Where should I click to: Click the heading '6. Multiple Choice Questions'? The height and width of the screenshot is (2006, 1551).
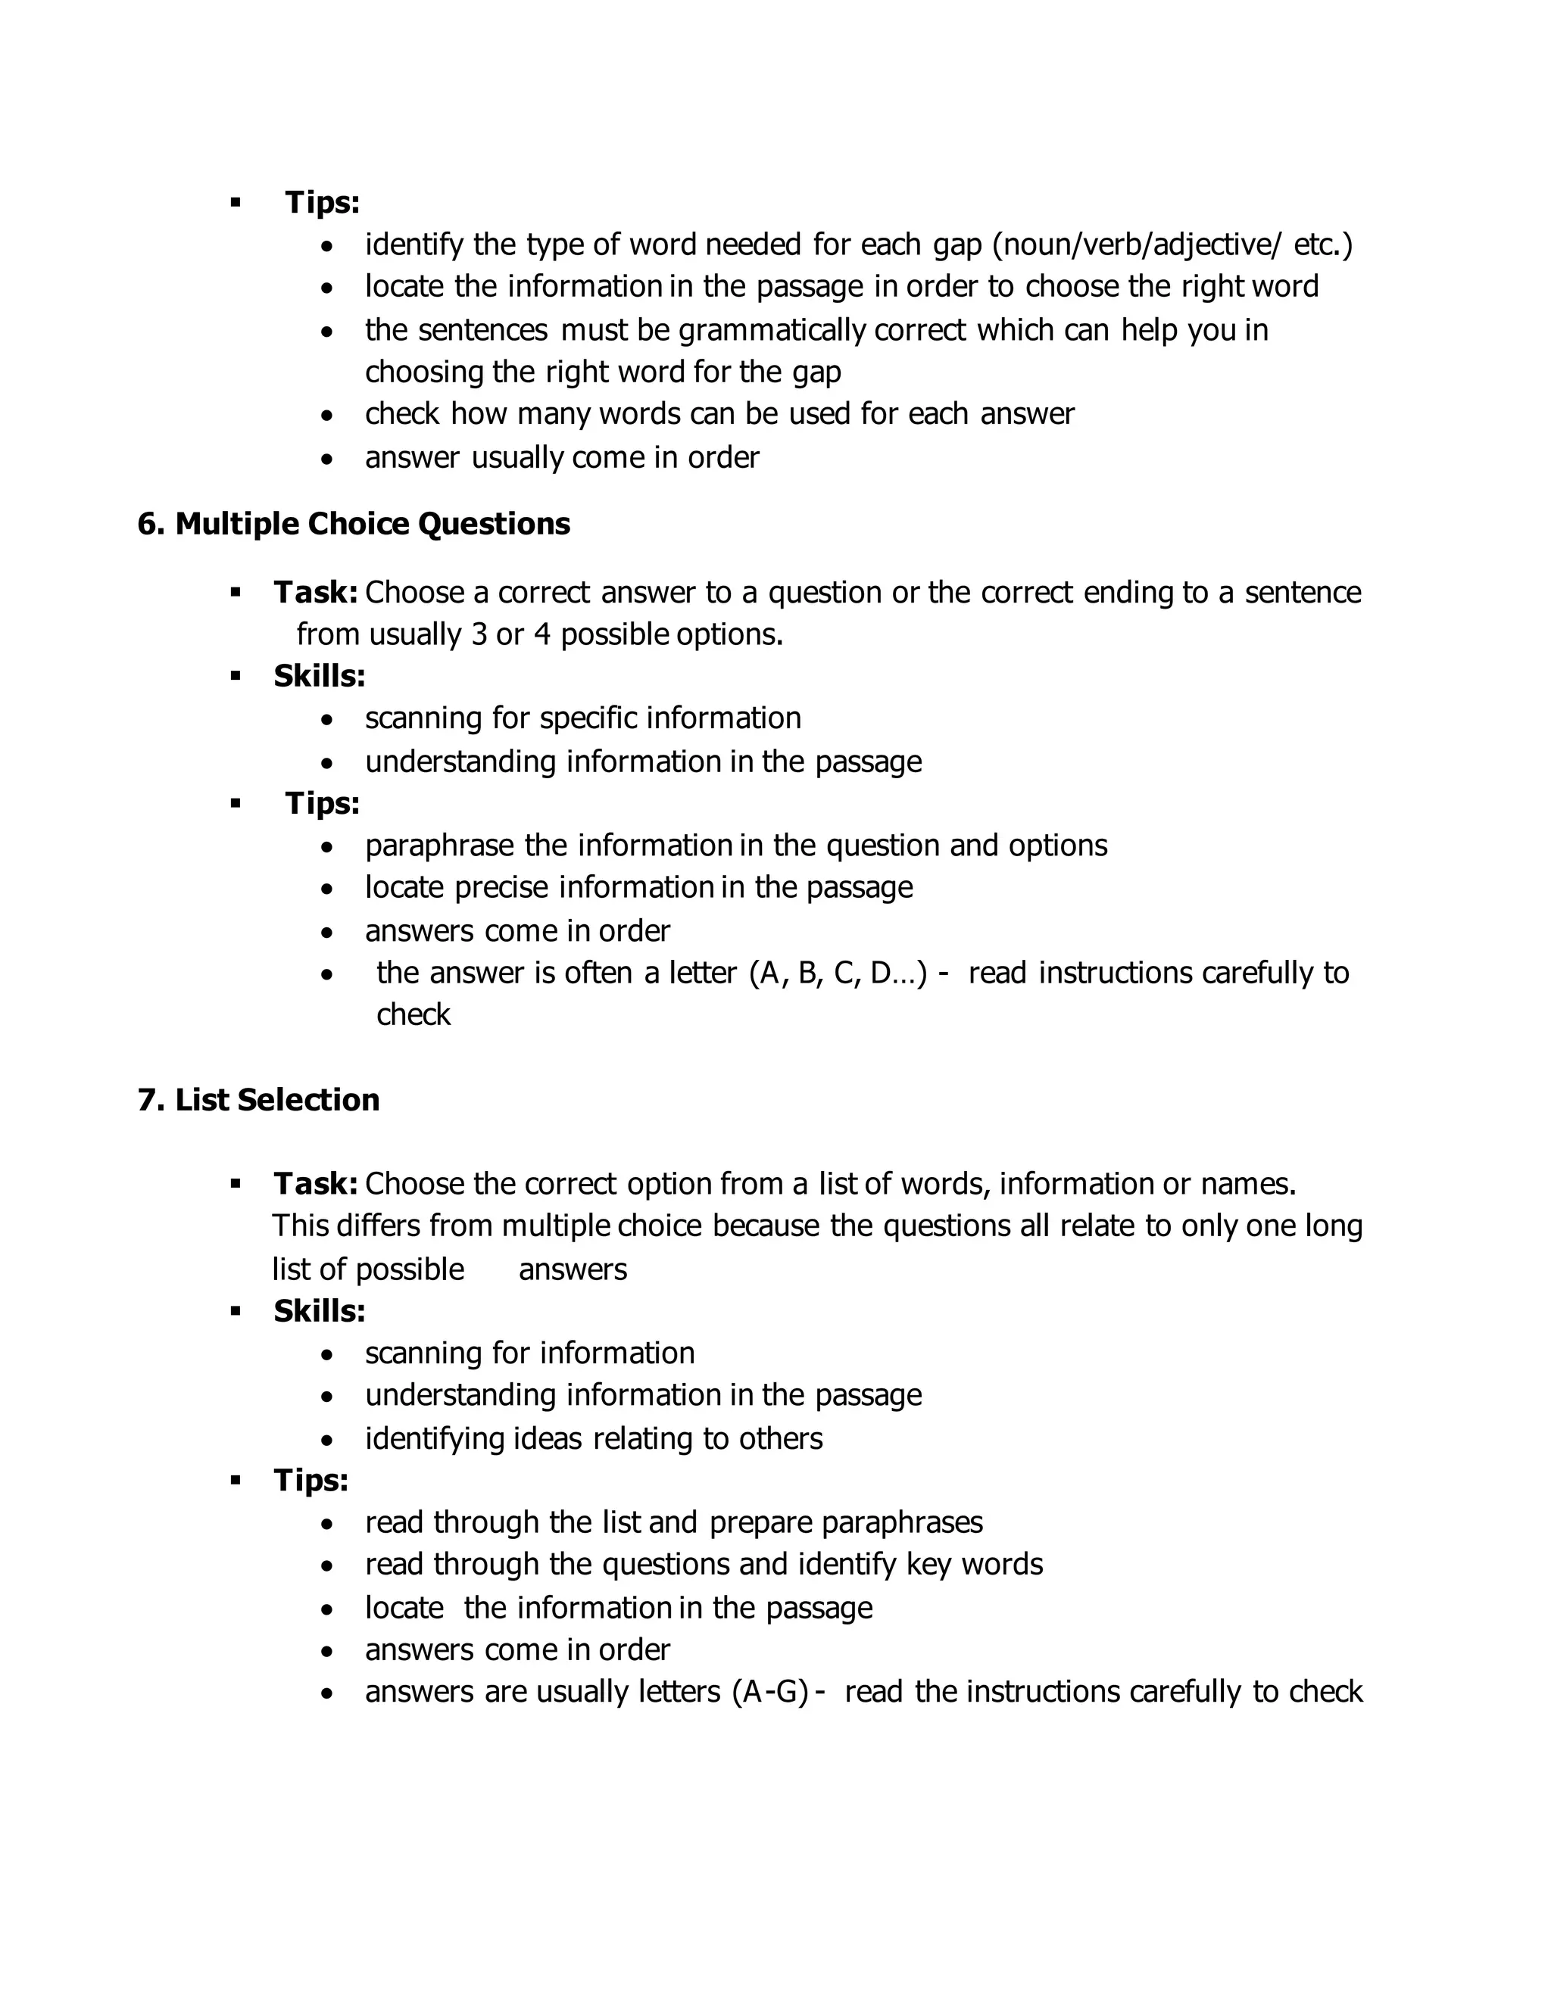click(x=354, y=524)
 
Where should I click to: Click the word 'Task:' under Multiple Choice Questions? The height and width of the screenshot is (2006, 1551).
click(x=315, y=593)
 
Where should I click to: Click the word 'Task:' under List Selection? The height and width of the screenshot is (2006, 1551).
click(x=315, y=1184)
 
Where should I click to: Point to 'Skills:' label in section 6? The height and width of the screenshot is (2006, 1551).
click(x=319, y=676)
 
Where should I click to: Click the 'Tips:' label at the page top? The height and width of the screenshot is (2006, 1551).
click(x=322, y=202)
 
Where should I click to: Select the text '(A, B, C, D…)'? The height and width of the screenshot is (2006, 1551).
click(x=838, y=973)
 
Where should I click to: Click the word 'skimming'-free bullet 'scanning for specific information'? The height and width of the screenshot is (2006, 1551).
click(x=582, y=718)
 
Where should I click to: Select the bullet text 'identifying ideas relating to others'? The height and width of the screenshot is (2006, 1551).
click(x=594, y=1438)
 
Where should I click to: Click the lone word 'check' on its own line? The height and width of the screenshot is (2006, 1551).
click(x=413, y=1015)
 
